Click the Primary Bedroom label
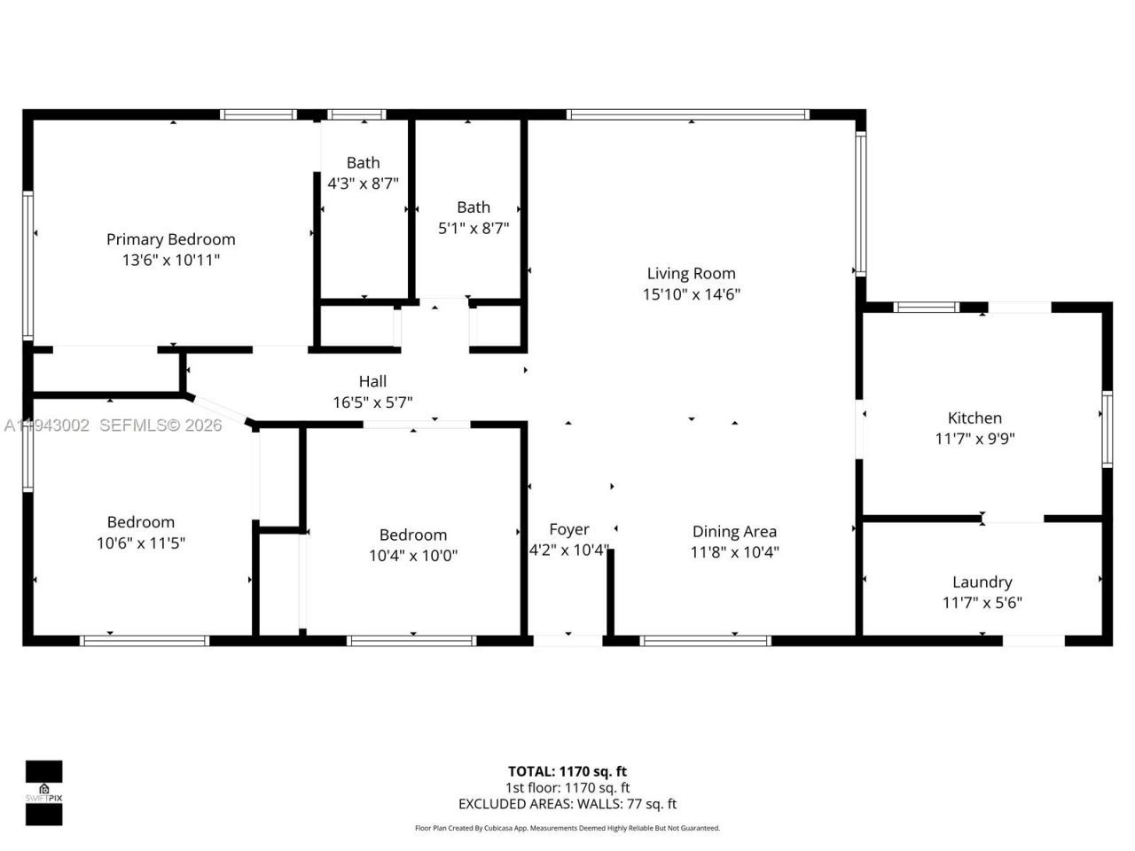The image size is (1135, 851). pyautogui.click(x=170, y=239)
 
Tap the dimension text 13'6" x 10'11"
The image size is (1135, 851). pyautogui.click(x=170, y=261)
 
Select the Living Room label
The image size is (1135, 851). pyautogui.click(x=691, y=274)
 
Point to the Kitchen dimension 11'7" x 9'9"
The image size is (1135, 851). pyautogui.click(x=975, y=439)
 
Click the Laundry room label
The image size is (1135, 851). pyautogui.click(x=982, y=582)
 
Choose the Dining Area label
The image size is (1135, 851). pyautogui.click(x=734, y=532)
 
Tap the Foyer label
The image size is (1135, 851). pyautogui.click(x=568, y=529)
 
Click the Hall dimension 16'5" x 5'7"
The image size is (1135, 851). pyautogui.click(x=372, y=402)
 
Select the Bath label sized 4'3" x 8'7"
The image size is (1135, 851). pyautogui.click(x=363, y=163)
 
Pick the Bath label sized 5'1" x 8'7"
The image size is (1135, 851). pyautogui.click(x=474, y=207)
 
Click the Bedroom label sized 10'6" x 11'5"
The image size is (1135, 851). pyautogui.click(x=140, y=522)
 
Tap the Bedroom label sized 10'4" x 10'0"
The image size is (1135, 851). pyautogui.click(x=412, y=535)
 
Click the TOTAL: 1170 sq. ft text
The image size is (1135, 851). pyautogui.click(x=567, y=771)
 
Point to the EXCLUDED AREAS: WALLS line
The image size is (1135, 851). pyautogui.click(x=567, y=804)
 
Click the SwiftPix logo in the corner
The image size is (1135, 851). pyautogui.click(x=43, y=792)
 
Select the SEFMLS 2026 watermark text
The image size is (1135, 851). pyautogui.click(x=160, y=425)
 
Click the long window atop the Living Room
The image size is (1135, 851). pyautogui.click(x=687, y=114)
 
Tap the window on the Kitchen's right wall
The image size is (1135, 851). pyautogui.click(x=1107, y=429)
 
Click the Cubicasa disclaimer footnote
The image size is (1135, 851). pyautogui.click(x=567, y=828)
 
